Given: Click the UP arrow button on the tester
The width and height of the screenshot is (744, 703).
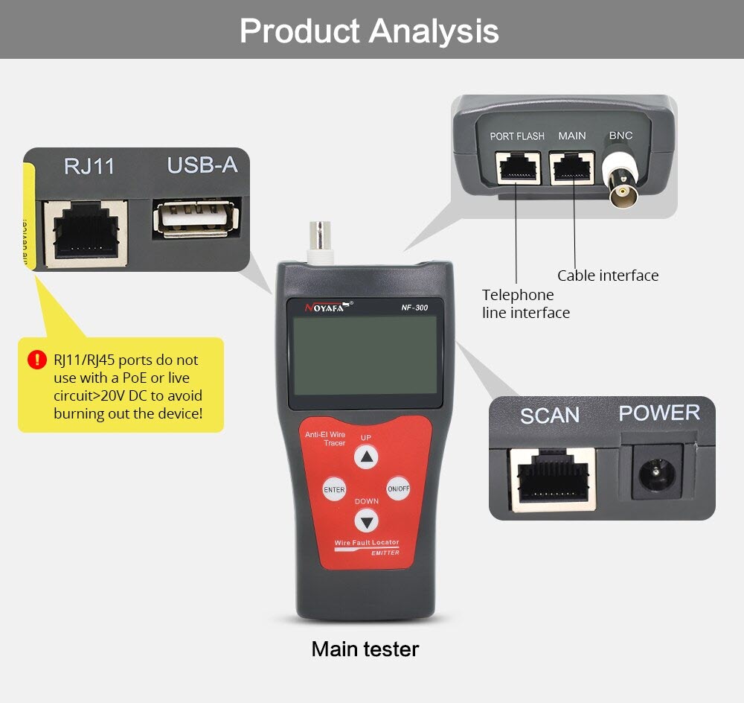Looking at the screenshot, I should point(366,457).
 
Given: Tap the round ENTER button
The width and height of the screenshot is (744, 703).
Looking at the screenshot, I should point(334,489).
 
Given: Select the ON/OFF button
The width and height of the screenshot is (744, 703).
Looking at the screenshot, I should point(398,489).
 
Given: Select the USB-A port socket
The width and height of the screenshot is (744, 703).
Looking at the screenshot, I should point(196,219).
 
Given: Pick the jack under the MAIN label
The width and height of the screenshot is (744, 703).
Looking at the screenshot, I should point(572,169).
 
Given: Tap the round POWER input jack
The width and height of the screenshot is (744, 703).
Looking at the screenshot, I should point(656,471).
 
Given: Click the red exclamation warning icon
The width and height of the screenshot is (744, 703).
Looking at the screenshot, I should point(37,360).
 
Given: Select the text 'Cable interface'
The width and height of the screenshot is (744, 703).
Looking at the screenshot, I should point(608,276).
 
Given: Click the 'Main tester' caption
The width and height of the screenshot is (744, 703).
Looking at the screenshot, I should point(365,649).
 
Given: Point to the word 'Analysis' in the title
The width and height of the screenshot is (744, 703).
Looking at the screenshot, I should point(434,31).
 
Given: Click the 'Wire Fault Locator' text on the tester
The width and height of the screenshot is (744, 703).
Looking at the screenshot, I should point(366,543).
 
